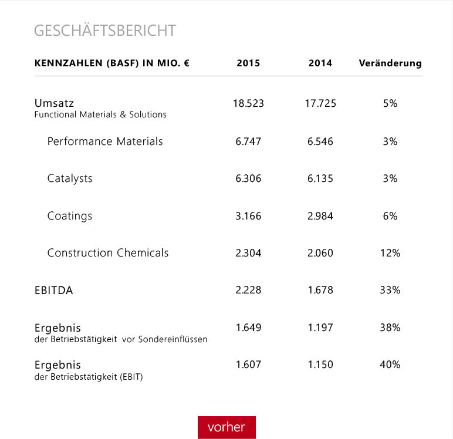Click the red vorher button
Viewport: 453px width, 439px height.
[x=226, y=427]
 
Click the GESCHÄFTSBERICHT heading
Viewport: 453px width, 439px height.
[x=105, y=31]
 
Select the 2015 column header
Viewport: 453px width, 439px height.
[x=248, y=63]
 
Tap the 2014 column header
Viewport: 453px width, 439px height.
[x=320, y=63]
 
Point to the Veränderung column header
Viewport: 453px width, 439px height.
[x=390, y=63]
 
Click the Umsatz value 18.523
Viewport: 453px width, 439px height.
[x=248, y=104]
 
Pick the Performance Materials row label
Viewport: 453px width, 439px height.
[x=105, y=141]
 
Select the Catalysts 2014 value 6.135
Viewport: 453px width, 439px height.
[x=320, y=178]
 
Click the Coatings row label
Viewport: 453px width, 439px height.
[x=70, y=216]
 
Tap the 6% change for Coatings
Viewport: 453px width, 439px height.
[x=390, y=216]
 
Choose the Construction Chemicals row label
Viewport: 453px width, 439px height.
[x=108, y=253]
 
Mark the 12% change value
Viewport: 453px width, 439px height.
[x=390, y=253]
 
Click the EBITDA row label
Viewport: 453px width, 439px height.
[x=54, y=291]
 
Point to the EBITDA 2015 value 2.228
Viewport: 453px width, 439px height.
[x=248, y=291]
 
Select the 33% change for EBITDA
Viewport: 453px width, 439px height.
[x=390, y=291]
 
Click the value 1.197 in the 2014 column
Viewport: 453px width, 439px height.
[x=320, y=327]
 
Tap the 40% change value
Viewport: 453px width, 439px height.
[x=390, y=364]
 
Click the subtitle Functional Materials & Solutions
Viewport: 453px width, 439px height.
[x=100, y=115]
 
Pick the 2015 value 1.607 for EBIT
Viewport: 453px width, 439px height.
[x=248, y=364]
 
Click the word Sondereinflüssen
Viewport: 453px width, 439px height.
[x=173, y=339]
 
